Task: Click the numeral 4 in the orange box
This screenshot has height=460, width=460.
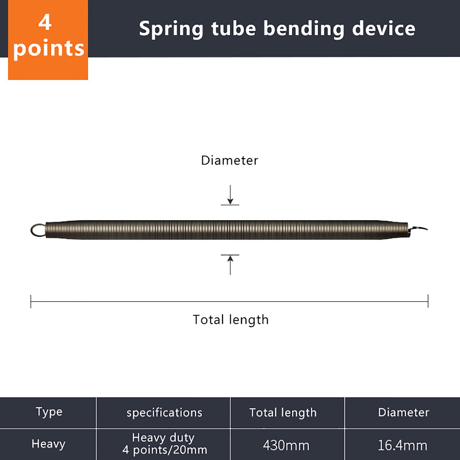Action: [x=45, y=22]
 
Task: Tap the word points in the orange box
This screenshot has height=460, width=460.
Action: [x=49, y=48]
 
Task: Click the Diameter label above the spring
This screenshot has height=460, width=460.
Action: [x=229, y=160]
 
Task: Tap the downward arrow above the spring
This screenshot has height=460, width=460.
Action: [x=230, y=195]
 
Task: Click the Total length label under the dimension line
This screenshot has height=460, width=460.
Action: [x=231, y=320]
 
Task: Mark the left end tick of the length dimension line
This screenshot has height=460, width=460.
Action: [x=31, y=301]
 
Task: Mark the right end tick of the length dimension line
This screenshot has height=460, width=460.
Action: [x=428, y=301]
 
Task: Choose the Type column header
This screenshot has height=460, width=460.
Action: [x=49, y=412]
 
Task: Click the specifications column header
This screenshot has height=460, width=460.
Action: [x=164, y=413]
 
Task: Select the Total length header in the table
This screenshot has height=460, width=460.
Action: [x=283, y=413]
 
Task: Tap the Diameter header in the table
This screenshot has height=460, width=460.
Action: [x=403, y=412]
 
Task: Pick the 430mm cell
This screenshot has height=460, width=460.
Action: [x=286, y=445]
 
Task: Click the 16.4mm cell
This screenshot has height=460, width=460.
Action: [x=402, y=445]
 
